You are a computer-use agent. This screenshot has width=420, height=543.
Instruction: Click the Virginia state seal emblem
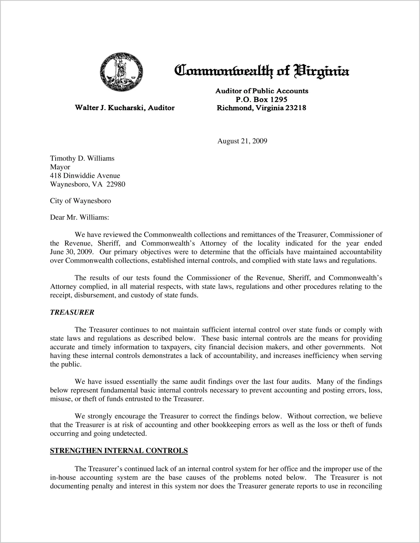(x=121, y=72)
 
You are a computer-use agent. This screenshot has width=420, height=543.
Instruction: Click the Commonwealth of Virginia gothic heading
(x=261, y=71)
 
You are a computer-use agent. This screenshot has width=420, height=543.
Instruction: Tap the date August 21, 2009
(x=242, y=141)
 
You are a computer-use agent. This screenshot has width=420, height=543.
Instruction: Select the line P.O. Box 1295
(x=261, y=99)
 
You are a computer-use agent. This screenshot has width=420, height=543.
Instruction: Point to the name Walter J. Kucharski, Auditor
(x=125, y=108)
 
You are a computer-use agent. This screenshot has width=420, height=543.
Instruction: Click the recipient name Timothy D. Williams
(x=82, y=158)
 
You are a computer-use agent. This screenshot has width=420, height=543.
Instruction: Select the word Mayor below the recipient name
(x=60, y=167)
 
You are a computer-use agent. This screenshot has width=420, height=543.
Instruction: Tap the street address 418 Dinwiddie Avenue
(x=85, y=176)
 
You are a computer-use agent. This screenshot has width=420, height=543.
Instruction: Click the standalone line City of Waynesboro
(x=80, y=201)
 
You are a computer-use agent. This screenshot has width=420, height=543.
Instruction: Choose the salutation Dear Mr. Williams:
(x=79, y=217)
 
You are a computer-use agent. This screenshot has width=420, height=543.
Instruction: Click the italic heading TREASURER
(x=72, y=312)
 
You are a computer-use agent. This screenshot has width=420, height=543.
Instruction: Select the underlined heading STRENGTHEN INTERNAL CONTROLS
(x=119, y=451)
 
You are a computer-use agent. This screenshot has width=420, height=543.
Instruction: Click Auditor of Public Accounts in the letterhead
(x=261, y=91)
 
